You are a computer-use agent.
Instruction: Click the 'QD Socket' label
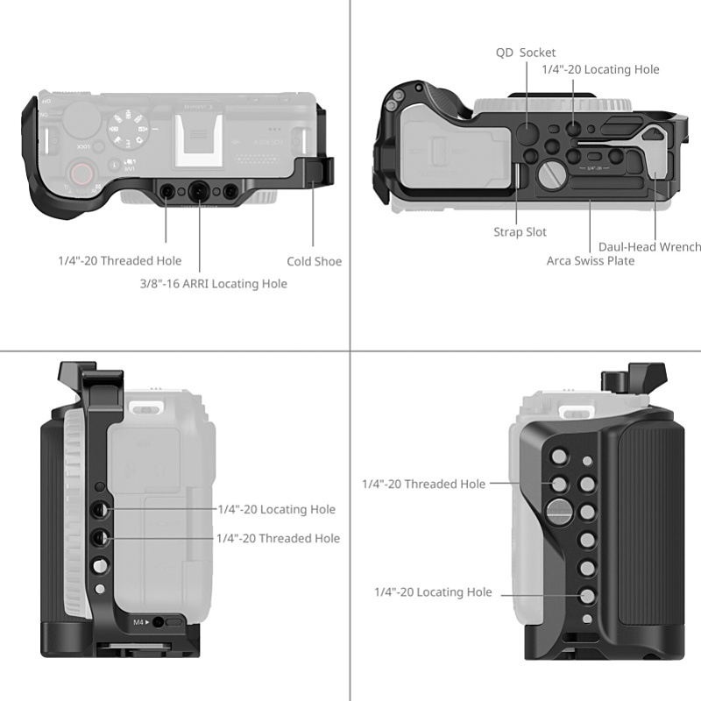(525, 53)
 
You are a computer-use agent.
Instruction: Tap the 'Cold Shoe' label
(315, 261)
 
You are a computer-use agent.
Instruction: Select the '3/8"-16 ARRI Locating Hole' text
(214, 284)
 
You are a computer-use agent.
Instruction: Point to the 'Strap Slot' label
(520, 232)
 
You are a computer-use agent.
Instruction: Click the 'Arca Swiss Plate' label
(591, 260)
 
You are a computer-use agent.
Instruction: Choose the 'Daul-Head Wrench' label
(649, 247)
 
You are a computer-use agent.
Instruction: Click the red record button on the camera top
(81, 173)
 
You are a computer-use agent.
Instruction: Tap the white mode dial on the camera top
(128, 128)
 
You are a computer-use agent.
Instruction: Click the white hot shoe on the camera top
(199, 140)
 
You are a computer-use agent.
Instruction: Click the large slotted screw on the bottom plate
(552, 174)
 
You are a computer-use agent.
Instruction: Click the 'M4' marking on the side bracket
(138, 622)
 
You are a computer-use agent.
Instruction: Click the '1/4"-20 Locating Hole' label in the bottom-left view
(277, 509)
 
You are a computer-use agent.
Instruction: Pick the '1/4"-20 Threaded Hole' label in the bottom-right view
(424, 485)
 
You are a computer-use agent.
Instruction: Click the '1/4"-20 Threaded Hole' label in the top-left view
(120, 260)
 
